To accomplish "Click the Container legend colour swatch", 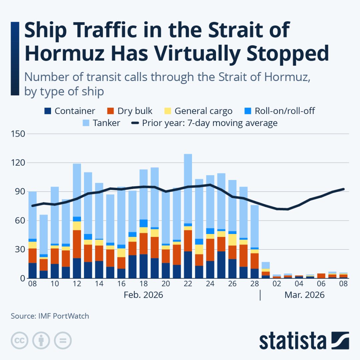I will coord(48,111).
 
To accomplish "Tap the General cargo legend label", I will coord(203,111).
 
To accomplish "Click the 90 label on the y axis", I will coord(20,192).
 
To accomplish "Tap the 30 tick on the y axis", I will coord(20,249).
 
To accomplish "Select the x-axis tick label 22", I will coord(188,284).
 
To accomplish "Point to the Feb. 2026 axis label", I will coord(143,295).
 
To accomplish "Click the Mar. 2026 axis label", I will coord(304,295).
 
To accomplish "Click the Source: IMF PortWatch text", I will coord(50,316).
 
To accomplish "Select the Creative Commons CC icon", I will coord(19,341).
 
